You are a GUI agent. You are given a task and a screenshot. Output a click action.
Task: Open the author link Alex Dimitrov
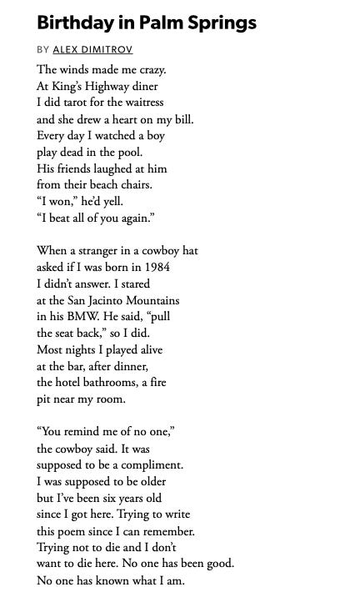(x=92, y=50)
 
